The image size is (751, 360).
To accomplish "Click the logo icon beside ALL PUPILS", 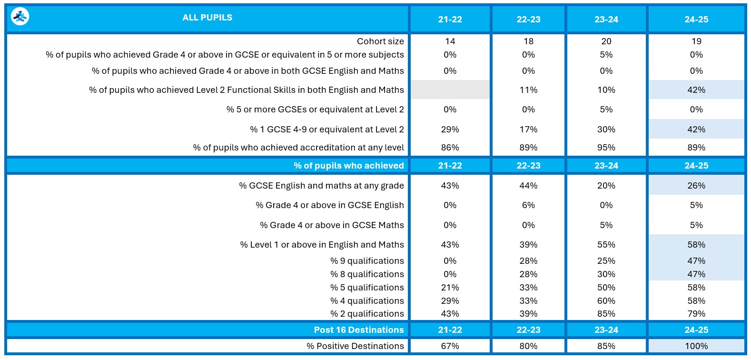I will (x=20, y=17).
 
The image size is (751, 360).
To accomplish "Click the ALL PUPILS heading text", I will (x=207, y=18).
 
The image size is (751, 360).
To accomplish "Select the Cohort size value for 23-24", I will (x=606, y=41).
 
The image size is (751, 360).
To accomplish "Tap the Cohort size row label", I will (x=380, y=41).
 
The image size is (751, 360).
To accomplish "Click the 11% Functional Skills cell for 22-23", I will (x=528, y=90).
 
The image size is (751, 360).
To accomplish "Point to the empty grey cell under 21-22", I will (x=450, y=90).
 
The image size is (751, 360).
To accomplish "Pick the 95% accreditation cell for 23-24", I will (x=606, y=148).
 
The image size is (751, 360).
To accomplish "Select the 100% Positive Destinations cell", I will (x=696, y=346).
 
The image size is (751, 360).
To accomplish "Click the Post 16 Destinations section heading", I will (x=358, y=330).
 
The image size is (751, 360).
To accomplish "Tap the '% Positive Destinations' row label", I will (x=355, y=346).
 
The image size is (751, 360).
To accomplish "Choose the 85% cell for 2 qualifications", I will (x=606, y=314).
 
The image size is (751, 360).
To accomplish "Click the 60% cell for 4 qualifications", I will (x=606, y=301).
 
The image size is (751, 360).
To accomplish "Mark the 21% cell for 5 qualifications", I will (x=450, y=288).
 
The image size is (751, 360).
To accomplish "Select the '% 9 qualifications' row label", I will (x=367, y=261).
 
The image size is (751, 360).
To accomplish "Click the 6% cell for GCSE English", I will (x=528, y=205).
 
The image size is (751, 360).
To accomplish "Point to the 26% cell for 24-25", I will (x=696, y=186).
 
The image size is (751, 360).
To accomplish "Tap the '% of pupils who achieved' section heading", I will (x=348, y=166).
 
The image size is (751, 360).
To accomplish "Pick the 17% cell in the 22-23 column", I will (x=528, y=130).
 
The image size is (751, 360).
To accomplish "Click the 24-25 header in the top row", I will (x=696, y=20).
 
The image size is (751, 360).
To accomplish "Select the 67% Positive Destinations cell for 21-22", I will (x=450, y=346).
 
